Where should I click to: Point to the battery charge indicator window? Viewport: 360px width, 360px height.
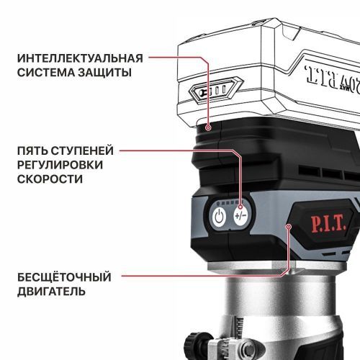point(210,93)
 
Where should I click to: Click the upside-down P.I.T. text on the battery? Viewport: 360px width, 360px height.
point(332,74)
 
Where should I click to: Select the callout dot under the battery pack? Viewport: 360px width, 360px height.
point(208,127)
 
